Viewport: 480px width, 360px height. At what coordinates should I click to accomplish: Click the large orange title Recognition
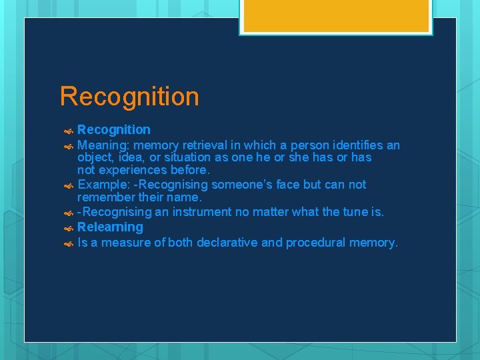(129, 97)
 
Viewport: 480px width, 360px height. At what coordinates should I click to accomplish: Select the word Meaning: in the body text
(103, 145)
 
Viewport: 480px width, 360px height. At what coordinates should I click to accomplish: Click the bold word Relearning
(110, 227)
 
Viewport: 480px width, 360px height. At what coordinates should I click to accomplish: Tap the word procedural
(314, 243)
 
